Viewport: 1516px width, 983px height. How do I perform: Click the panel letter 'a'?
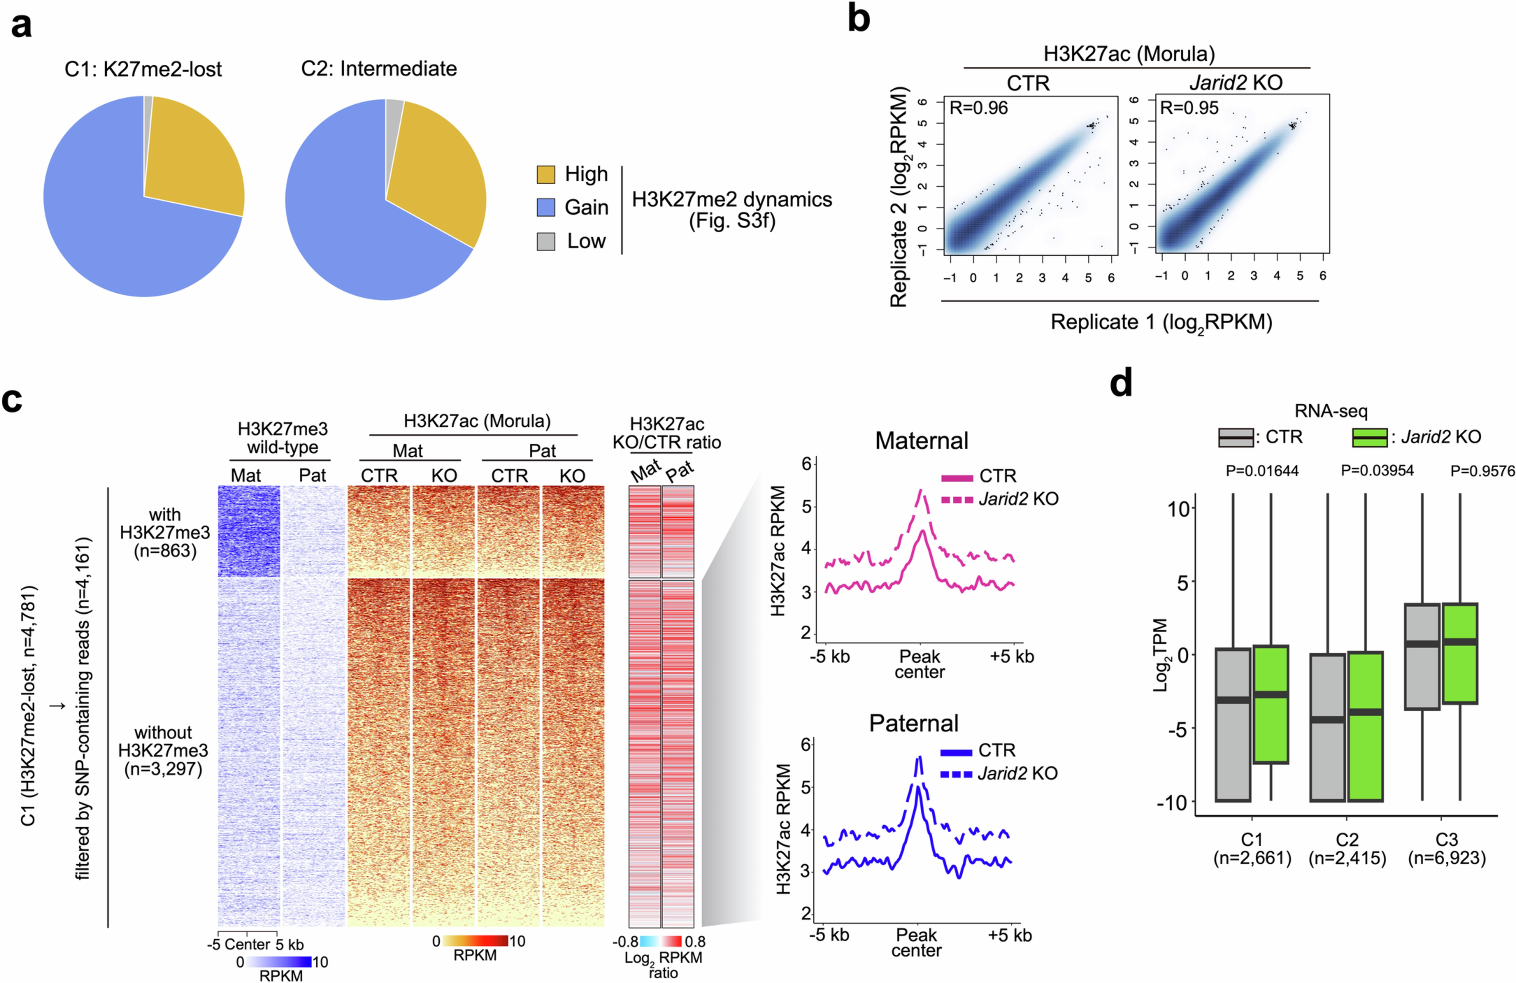[x=21, y=27]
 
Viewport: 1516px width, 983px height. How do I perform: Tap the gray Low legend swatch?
[x=546, y=241]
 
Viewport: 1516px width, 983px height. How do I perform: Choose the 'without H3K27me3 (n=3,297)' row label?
[x=163, y=750]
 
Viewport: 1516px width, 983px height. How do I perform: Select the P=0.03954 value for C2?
[x=1377, y=471]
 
